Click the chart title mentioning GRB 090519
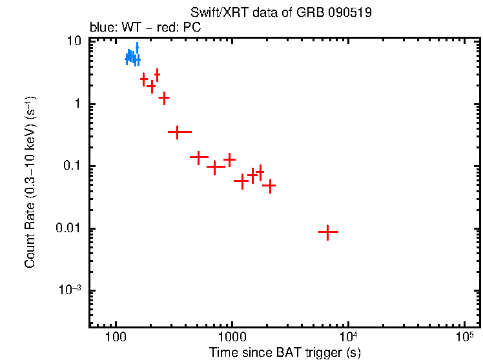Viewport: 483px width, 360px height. pos(281,13)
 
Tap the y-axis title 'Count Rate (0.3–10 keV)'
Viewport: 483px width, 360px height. pos(30,183)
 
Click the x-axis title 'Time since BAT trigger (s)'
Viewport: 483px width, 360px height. pos(285,352)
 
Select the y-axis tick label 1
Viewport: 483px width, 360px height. pos(77,104)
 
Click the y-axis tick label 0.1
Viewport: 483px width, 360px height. pos(72,166)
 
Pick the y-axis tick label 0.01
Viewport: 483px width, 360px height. pos(69,228)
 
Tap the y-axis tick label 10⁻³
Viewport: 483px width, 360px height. pos(70,290)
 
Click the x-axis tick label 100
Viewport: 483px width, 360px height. pos(116,337)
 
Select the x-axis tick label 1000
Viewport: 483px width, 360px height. pos(232,337)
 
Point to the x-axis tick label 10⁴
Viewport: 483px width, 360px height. pos(349,337)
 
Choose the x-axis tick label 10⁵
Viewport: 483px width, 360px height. pos(465,337)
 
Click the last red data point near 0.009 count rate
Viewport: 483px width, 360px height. pos(328,232)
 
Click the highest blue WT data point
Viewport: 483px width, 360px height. pos(137,47)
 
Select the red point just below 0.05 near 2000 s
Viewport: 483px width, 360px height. pos(269,186)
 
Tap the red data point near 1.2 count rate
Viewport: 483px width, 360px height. pos(164,98)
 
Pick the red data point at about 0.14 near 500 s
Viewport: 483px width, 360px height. pos(199,157)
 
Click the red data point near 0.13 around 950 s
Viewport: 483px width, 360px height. pos(229,159)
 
